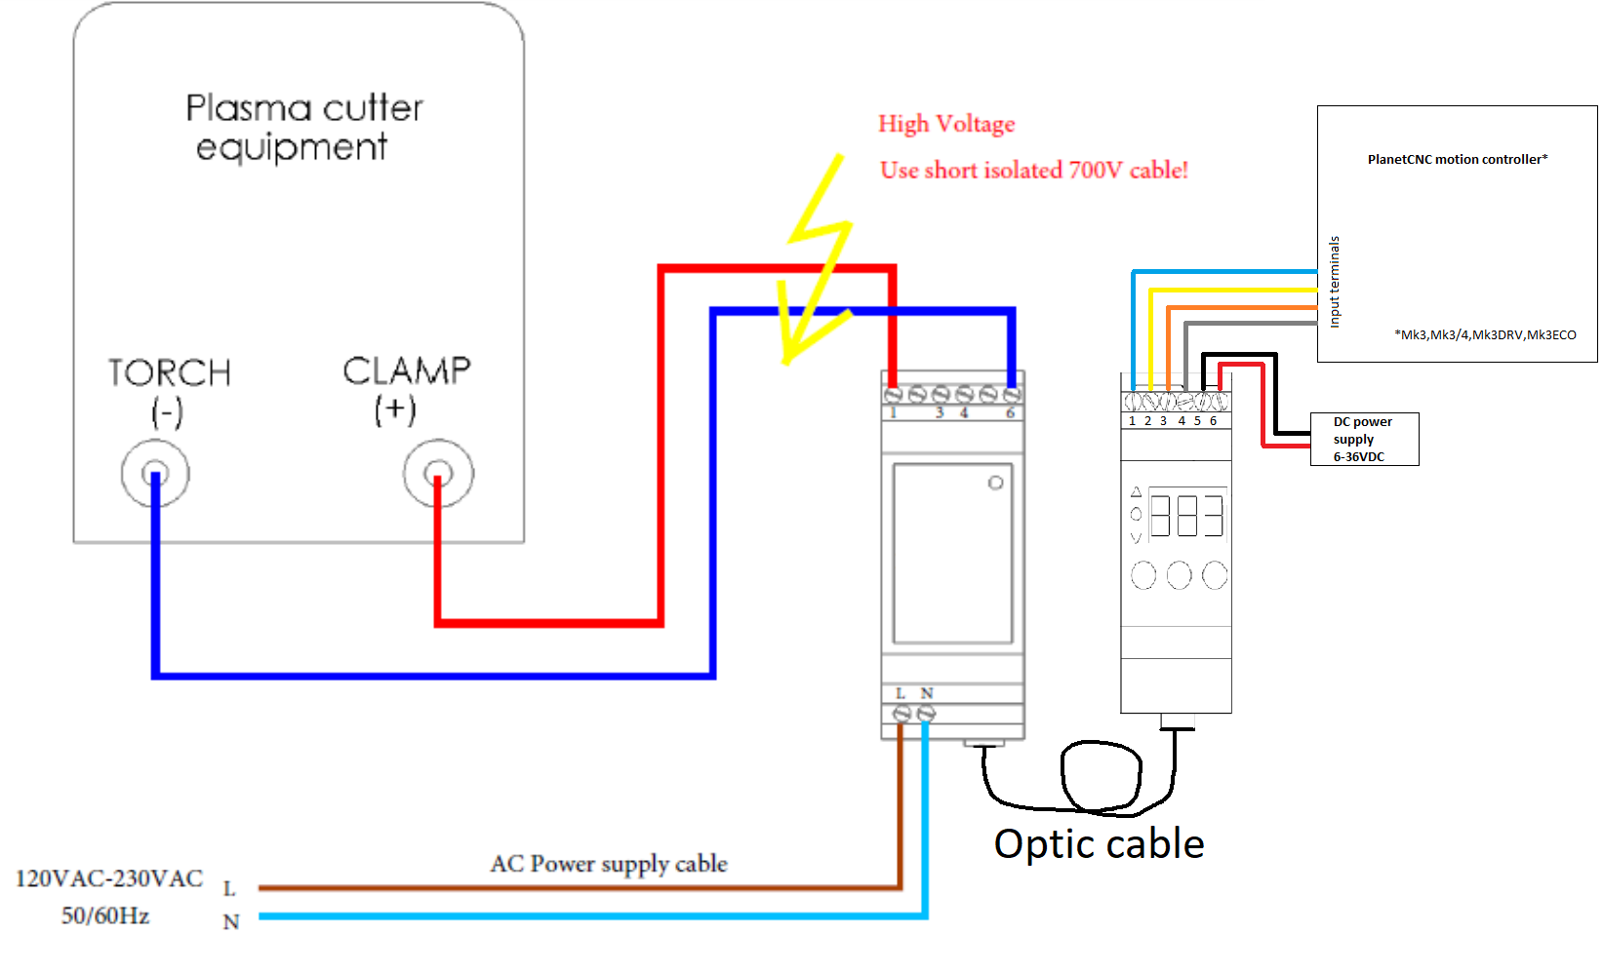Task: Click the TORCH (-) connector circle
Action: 155,474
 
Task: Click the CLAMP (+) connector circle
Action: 438,474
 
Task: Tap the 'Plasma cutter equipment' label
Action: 303,127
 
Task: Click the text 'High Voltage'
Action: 946,124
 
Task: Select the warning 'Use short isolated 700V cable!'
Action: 1033,171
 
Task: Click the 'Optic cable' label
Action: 1099,844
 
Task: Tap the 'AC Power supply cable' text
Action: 609,864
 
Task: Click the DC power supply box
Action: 1363,439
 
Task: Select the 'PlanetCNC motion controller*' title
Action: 1457,159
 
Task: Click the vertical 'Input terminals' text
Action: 1335,282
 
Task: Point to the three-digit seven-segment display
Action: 1187,515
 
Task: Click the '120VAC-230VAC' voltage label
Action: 109,879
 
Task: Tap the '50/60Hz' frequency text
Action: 105,916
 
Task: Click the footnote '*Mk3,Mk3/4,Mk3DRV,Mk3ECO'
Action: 1485,334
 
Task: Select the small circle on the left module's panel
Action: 995,483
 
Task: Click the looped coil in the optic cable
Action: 1102,776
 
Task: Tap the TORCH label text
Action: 170,372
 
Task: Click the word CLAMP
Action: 407,370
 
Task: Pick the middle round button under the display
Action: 1179,575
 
